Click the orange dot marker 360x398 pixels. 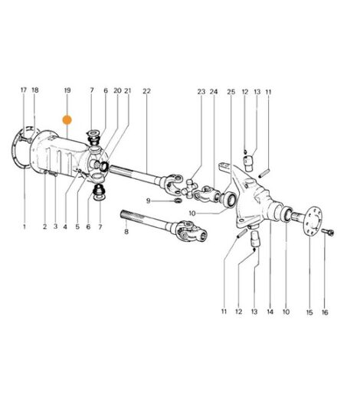[x=67, y=120]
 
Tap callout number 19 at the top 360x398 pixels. [x=67, y=90]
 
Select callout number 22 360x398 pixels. [x=146, y=91]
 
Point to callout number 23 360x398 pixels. [x=201, y=92]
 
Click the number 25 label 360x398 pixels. [x=231, y=92]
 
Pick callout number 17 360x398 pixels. [x=24, y=90]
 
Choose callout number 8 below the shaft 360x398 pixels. [x=126, y=232]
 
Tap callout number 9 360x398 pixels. [x=149, y=201]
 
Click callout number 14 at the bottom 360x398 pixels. [x=270, y=312]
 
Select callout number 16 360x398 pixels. [x=325, y=312]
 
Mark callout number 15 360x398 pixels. [x=309, y=312]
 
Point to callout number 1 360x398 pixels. [x=25, y=227]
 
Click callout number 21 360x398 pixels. [x=128, y=90]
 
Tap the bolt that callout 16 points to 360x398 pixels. [x=328, y=232]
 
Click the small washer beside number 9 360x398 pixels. [x=178, y=201]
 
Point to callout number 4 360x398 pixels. [x=65, y=227]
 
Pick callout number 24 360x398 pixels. [x=214, y=92]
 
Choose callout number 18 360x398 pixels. [x=35, y=90]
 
